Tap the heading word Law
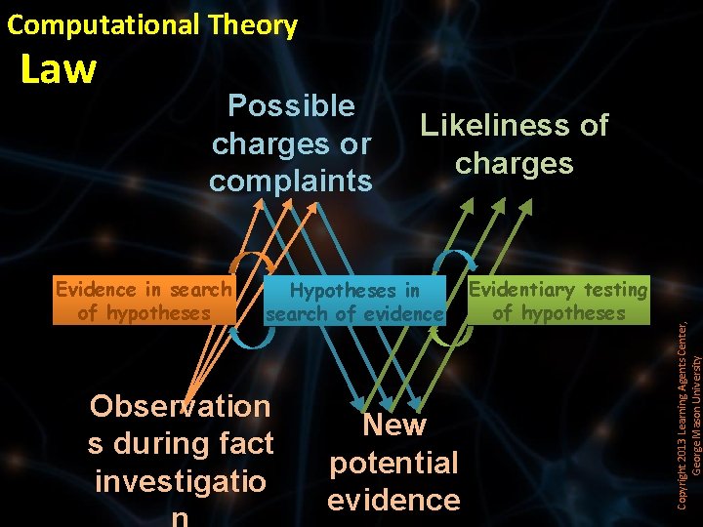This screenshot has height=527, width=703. pyautogui.click(x=59, y=69)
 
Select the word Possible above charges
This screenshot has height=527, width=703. pyautogui.click(x=291, y=105)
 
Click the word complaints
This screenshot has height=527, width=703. pyautogui.click(x=291, y=181)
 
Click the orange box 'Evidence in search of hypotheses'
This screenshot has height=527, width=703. pyautogui.click(x=144, y=301)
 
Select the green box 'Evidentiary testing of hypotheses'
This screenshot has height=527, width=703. pyautogui.click(x=558, y=301)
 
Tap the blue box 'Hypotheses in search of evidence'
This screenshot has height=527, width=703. pyautogui.click(x=354, y=302)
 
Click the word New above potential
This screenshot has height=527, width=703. pyautogui.click(x=393, y=426)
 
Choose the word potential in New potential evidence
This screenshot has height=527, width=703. pyautogui.click(x=393, y=463)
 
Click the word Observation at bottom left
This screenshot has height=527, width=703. pyautogui.click(x=181, y=406)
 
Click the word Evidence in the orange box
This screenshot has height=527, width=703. pyautogui.click(x=97, y=289)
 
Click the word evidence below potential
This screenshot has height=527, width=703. pyautogui.click(x=393, y=500)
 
